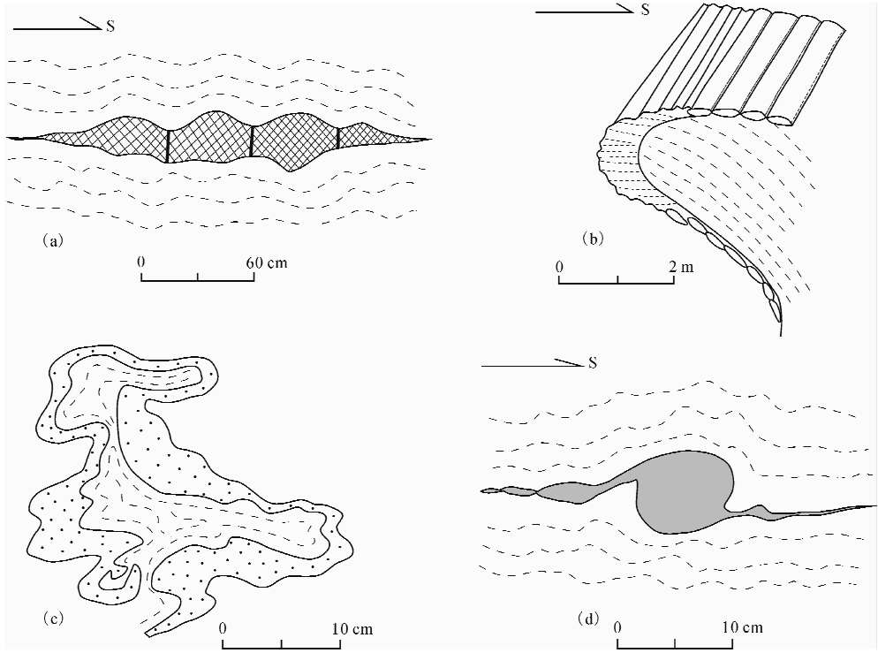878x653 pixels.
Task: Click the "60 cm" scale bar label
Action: point(266,262)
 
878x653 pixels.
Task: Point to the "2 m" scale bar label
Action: point(681,266)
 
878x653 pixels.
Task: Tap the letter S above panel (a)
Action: point(110,26)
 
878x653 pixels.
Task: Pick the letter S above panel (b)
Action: point(646,11)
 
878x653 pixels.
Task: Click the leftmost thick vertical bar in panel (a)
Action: point(168,146)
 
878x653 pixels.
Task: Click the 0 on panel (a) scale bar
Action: point(141,262)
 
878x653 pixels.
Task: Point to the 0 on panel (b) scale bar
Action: point(559,266)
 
